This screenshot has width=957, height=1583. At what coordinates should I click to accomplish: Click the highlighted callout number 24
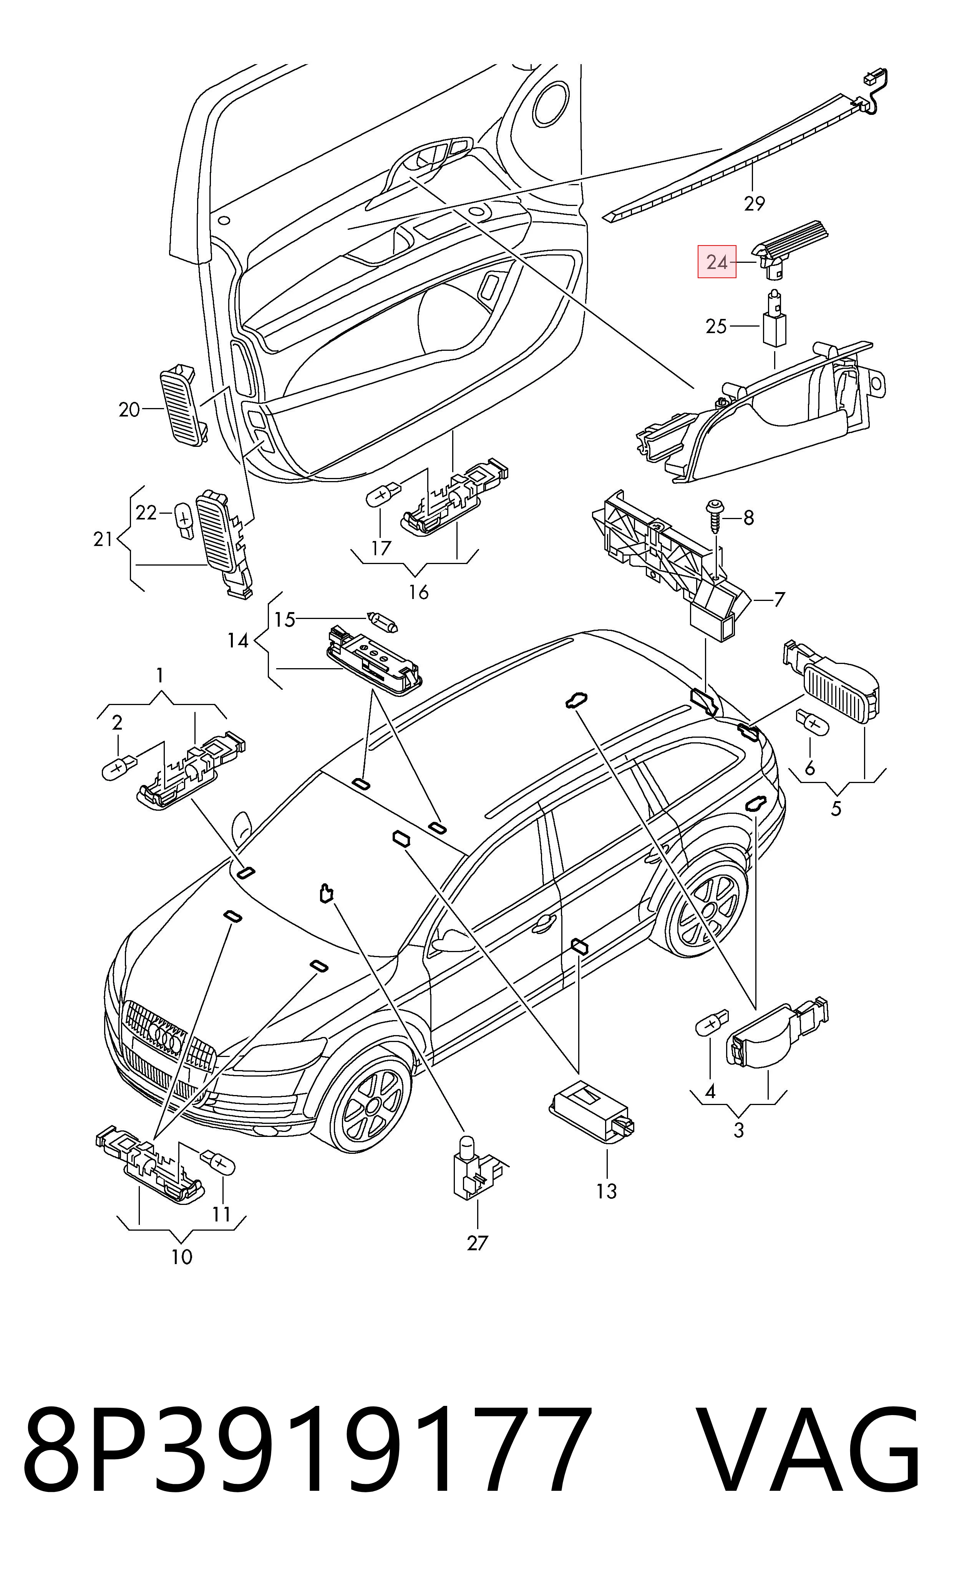point(717,262)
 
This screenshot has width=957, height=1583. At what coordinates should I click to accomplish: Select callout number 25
point(716,326)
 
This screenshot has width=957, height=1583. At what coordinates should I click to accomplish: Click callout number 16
point(418,592)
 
